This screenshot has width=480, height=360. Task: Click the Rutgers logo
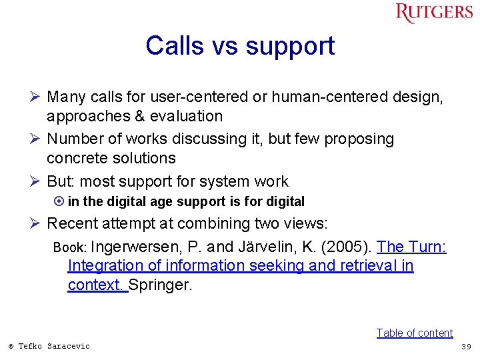coord(433,13)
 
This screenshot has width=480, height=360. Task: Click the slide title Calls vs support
coord(240,46)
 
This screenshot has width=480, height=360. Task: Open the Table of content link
coord(414,333)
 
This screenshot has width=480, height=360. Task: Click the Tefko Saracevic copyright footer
coord(49,346)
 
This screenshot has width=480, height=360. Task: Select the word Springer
coord(160,285)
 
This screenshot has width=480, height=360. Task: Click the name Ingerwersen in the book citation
coord(133,247)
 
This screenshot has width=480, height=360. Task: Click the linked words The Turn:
coord(411,247)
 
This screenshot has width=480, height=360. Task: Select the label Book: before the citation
coord(70,247)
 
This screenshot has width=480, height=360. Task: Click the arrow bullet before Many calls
coord(37,97)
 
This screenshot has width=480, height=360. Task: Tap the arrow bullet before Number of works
coord(37,139)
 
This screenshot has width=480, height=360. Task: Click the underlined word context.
coord(96,285)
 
